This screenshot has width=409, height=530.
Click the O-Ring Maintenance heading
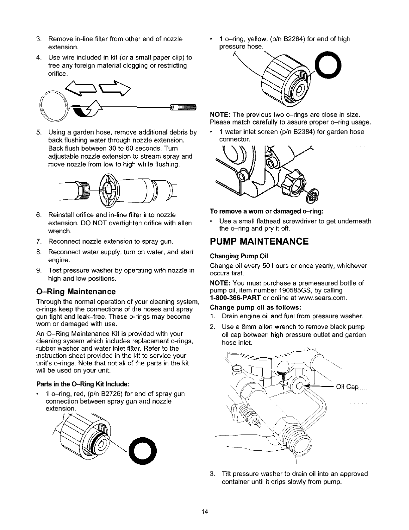[x=76, y=291]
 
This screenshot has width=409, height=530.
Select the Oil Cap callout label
[x=347, y=387]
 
